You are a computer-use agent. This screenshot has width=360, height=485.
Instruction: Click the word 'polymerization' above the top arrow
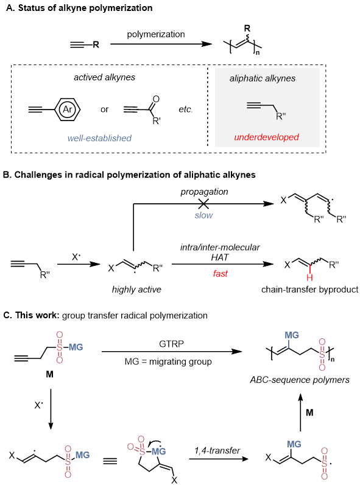click(156, 34)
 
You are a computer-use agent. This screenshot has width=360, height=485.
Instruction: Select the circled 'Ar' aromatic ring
click(68, 109)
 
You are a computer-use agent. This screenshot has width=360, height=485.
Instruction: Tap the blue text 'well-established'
click(99, 138)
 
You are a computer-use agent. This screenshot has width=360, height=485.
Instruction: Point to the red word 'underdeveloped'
click(267, 137)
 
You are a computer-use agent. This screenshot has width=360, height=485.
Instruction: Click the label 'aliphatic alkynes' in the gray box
click(263, 79)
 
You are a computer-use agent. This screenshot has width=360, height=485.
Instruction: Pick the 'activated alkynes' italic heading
click(104, 77)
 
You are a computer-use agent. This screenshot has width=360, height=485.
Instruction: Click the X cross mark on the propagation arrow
click(203, 203)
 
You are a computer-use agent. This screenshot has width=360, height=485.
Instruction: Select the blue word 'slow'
click(203, 215)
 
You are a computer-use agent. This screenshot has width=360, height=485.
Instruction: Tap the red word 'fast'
click(220, 273)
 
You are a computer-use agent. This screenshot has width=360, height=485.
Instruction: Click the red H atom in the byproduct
click(309, 277)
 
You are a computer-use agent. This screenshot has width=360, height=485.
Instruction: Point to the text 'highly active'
click(136, 290)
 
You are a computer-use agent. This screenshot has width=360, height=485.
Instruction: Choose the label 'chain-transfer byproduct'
click(309, 290)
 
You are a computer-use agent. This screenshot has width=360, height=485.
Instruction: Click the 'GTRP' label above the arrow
click(172, 344)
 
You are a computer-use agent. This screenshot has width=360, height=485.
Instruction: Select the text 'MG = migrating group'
click(168, 361)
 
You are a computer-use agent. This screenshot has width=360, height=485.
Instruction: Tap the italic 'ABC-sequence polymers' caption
click(300, 380)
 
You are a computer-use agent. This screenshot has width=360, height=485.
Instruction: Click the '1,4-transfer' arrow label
click(217, 450)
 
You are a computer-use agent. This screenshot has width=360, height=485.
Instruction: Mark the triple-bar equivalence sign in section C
click(110, 461)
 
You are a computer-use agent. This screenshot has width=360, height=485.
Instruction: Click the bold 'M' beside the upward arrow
click(309, 413)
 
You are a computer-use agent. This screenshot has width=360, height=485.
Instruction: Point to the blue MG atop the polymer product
click(292, 335)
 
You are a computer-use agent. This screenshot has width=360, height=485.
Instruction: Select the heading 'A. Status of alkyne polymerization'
click(79, 8)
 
